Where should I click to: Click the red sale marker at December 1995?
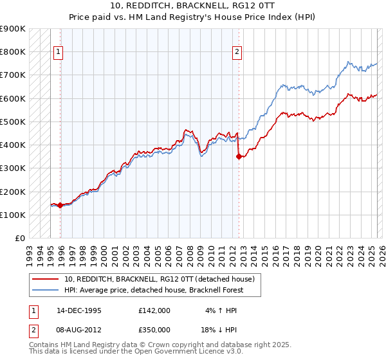click(60, 206)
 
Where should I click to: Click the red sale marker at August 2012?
click(239, 156)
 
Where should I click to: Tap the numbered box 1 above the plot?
click(59, 52)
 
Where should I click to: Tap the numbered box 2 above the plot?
click(237, 52)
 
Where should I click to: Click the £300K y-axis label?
click(14, 168)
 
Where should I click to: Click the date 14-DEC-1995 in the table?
click(79, 310)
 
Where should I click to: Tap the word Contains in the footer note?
click(45, 345)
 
